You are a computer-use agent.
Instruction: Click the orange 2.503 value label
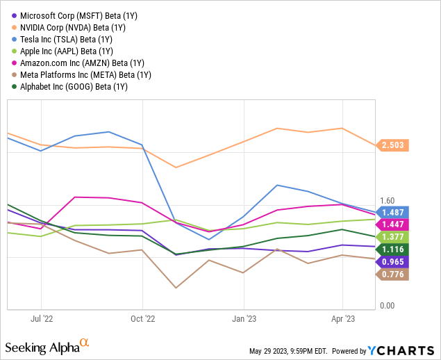[392, 145]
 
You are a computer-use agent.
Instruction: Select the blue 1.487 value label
[392, 212]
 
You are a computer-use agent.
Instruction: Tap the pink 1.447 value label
[392, 224]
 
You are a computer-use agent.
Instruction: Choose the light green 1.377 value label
[392, 237]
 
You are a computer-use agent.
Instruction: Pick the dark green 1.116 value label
[392, 249]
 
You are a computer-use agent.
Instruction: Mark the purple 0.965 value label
[392, 262]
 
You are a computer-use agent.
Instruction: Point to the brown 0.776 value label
[392, 275]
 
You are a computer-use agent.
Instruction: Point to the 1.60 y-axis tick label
[386, 201]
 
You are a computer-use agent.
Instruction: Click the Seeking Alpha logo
[47, 345]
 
